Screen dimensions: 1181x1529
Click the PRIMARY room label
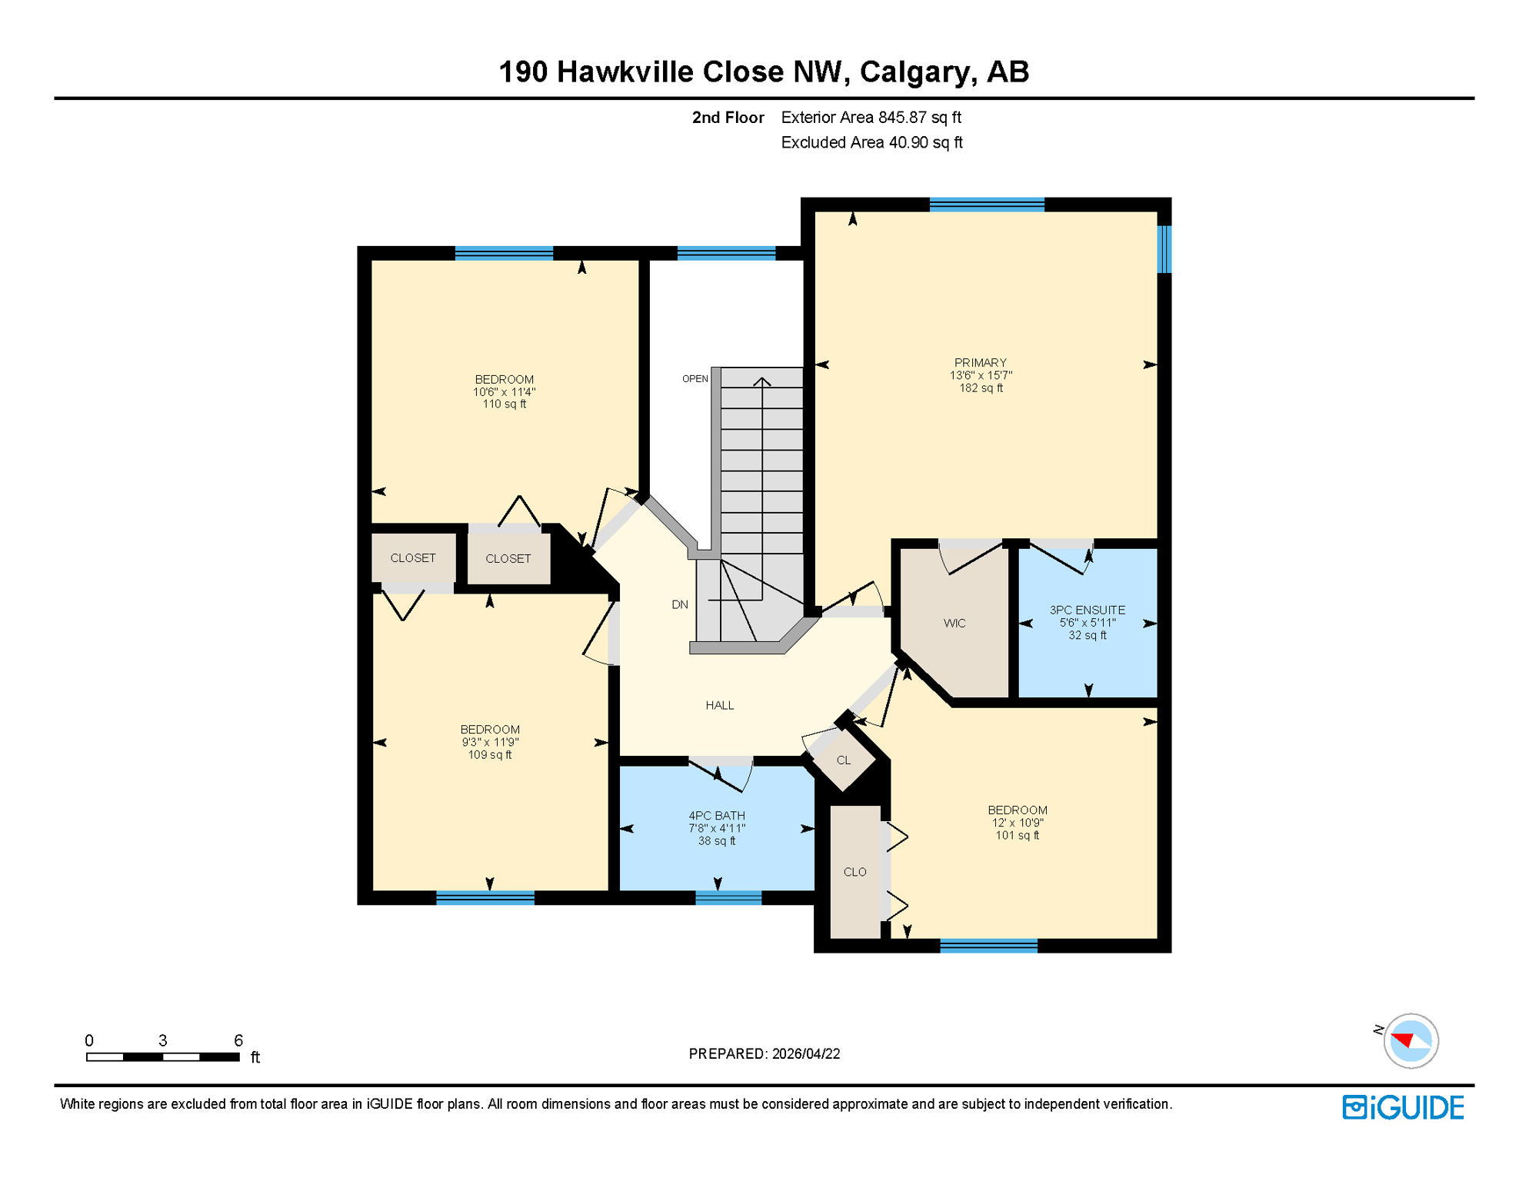(x=980, y=363)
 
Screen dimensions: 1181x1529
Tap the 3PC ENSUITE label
(x=1087, y=610)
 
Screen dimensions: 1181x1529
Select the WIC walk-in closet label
(x=954, y=623)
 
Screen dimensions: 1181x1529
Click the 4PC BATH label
(x=716, y=815)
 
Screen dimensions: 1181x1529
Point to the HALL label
(x=719, y=705)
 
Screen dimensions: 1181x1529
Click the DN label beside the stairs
(x=679, y=604)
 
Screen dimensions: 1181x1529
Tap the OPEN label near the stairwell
(x=695, y=378)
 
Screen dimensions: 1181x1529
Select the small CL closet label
(x=843, y=760)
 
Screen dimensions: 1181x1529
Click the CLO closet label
(x=854, y=872)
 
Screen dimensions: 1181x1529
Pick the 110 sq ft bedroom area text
(x=504, y=404)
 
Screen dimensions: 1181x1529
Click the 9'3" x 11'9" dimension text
(x=490, y=742)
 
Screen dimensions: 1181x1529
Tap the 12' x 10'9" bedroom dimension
(x=1017, y=823)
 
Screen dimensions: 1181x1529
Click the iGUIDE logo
(x=1403, y=1107)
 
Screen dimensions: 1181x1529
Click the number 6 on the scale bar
(x=238, y=1040)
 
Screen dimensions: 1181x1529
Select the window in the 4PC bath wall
(x=728, y=897)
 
